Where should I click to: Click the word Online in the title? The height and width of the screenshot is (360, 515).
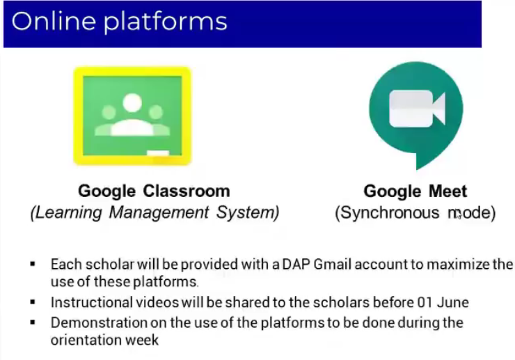[54, 21]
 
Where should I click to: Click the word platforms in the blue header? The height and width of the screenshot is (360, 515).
[166, 22]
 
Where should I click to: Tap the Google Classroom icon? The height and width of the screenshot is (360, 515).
[132, 116]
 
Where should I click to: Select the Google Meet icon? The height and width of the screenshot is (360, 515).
[416, 116]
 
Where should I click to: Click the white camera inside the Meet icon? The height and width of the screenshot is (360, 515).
[417, 109]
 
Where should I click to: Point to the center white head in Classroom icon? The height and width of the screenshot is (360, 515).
[132, 102]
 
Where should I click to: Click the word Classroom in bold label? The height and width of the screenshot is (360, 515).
[187, 191]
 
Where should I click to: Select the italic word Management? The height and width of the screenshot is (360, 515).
[159, 212]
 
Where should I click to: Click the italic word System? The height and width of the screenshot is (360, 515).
[248, 212]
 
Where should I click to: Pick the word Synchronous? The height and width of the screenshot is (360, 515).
[387, 212]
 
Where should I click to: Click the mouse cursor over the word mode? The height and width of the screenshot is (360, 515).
[459, 215]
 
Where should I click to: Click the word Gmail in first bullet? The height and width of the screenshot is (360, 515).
[333, 265]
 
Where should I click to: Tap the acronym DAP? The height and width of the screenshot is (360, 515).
[296, 265]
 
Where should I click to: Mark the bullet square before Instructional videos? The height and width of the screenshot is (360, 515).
[33, 302]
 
